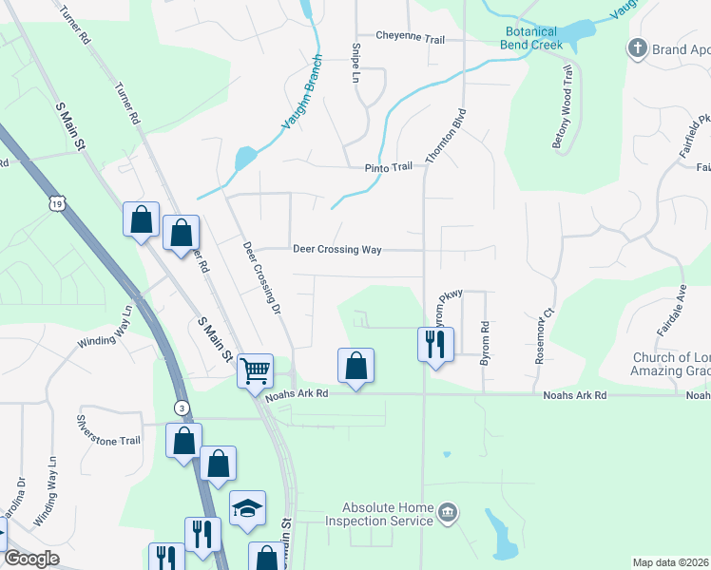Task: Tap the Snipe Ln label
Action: click(355, 61)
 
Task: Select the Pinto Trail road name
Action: click(389, 166)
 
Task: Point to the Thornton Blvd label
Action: click(448, 137)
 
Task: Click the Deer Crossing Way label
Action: click(336, 250)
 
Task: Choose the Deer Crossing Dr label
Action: click(262, 277)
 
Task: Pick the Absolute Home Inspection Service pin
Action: click(449, 514)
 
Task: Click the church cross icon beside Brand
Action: click(638, 47)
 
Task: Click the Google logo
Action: click(30, 559)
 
